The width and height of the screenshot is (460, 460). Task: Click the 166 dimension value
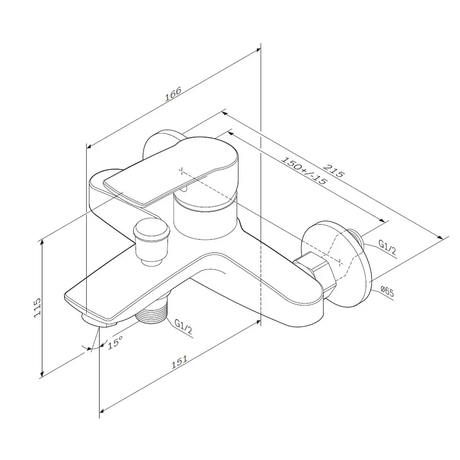pyautogui.click(x=173, y=93)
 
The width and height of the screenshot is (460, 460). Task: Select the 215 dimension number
pyautogui.click(x=333, y=171)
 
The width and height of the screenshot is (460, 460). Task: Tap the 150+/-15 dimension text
pyautogui.click(x=304, y=170)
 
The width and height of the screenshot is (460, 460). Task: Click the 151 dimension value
pyautogui.click(x=179, y=362)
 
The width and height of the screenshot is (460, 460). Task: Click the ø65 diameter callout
pyautogui.click(x=387, y=292)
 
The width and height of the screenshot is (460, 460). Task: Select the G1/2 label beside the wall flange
pyautogui.click(x=387, y=248)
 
